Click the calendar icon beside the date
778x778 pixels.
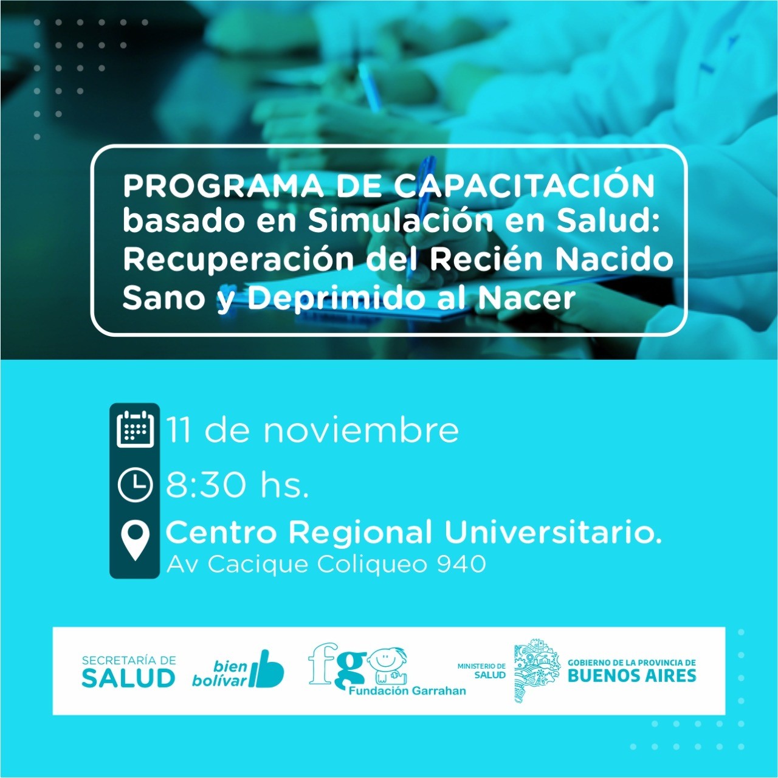135,429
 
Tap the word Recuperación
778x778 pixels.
238,260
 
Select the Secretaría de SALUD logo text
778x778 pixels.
129,673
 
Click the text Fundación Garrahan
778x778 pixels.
407,691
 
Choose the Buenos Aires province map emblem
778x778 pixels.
537,670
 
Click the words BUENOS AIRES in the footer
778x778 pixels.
632,676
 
